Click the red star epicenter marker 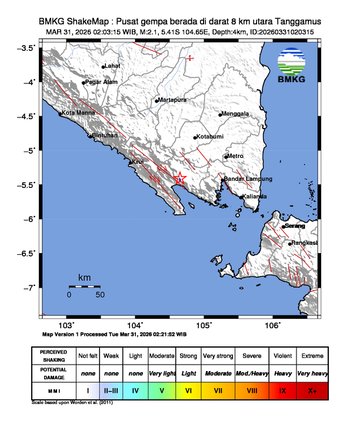pyautogui.click(x=180, y=179)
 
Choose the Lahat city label pyautogui.click(x=112, y=66)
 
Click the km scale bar pyautogui.click(x=85, y=286)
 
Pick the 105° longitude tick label pyautogui.click(x=204, y=325)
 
